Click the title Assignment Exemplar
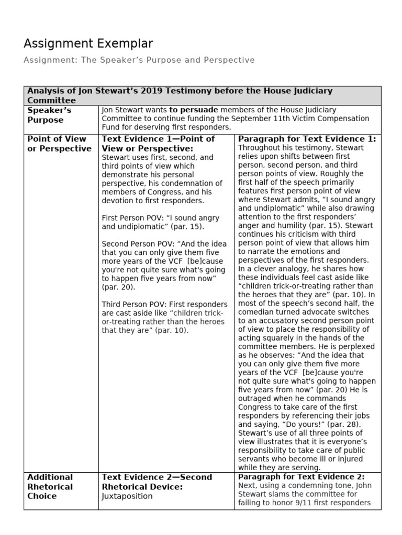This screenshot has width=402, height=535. tap(88, 43)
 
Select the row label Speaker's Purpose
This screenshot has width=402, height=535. tap(49, 115)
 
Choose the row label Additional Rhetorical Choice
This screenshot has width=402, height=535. tap(50, 486)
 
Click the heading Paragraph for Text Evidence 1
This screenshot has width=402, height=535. tap(307, 139)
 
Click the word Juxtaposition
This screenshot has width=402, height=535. tap(127, 496)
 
